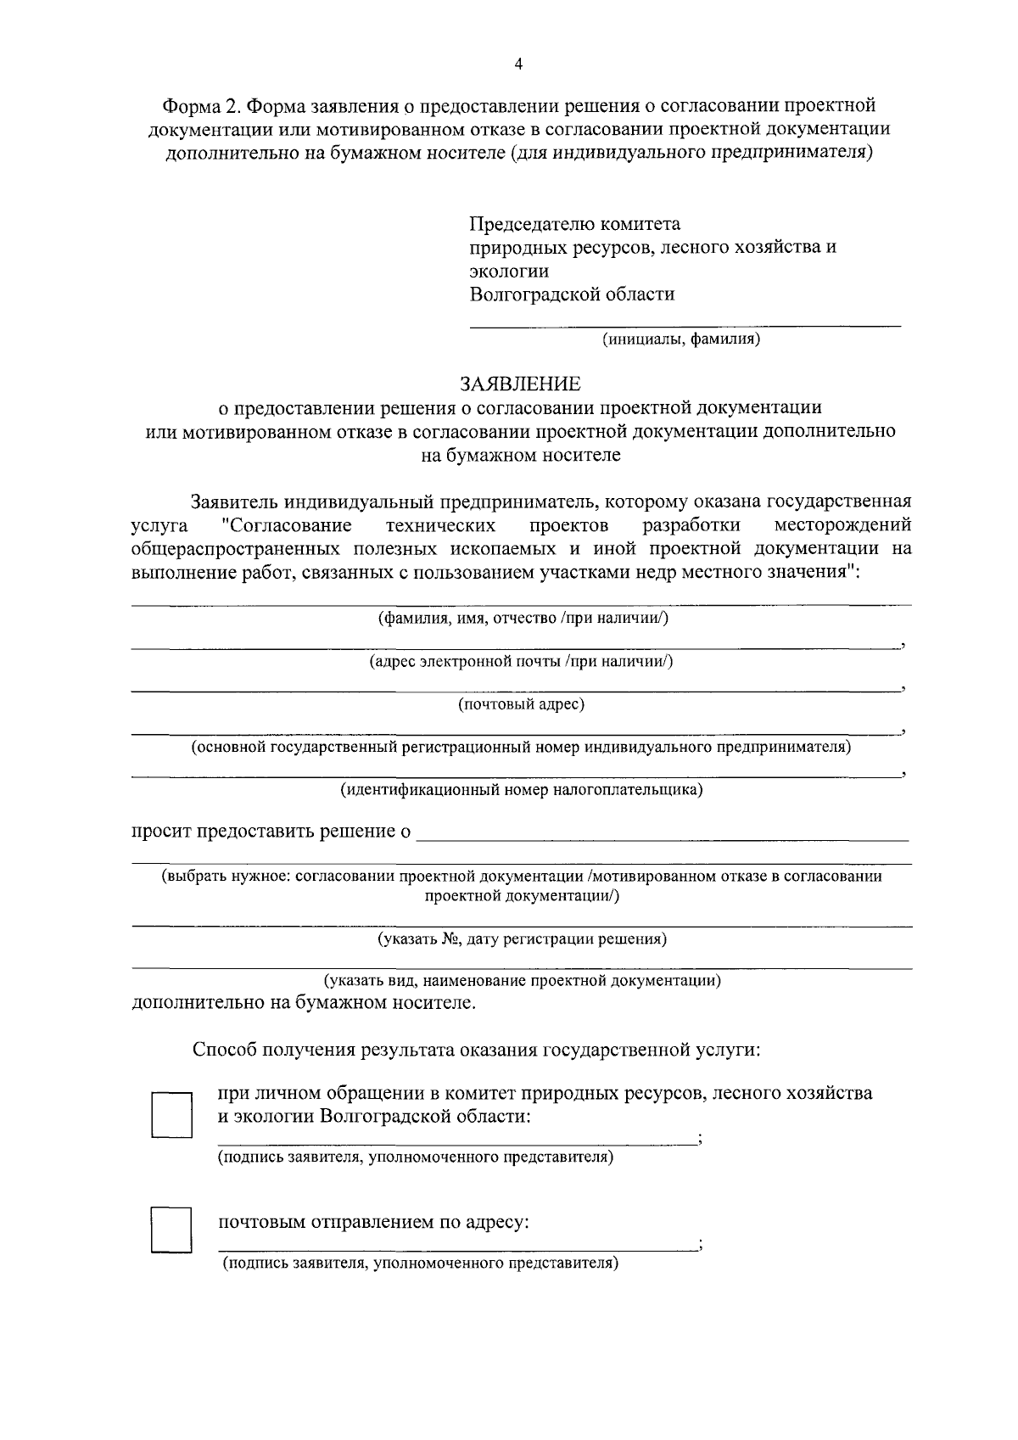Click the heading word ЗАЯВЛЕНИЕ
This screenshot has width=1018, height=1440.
point(520,384)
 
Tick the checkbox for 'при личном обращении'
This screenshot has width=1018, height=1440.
point(171,1115)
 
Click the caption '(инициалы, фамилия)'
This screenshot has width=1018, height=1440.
point(680,340)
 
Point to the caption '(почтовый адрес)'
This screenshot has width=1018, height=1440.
point(521,704)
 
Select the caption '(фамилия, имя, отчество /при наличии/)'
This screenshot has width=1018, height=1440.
point(523,618)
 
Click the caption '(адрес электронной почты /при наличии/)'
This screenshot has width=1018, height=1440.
point(521,661)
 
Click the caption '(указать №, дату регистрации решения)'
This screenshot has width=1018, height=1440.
point(521,939)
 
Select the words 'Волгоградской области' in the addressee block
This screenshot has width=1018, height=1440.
point(572,294)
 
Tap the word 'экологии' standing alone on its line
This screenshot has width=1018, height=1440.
point(509,272)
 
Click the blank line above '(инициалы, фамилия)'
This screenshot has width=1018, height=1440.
point(685,324)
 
